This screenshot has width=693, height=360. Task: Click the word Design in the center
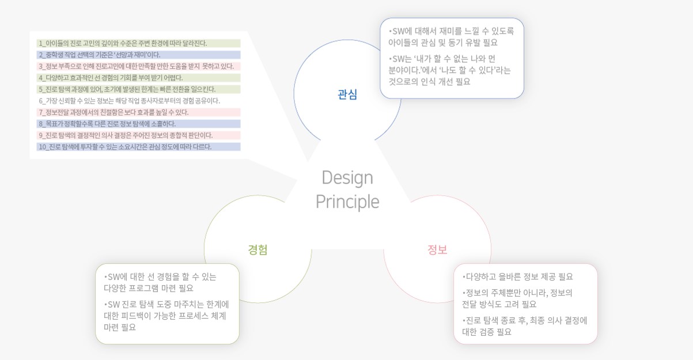[x=347, y=178]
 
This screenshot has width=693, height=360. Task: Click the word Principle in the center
[x=347, y=202]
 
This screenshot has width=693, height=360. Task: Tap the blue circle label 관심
[x=347, y=94]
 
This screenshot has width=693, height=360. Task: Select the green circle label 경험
[x=257, y=249]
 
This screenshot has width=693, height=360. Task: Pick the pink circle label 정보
[x=437, y=249]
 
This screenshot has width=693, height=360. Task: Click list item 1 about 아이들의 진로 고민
[x=123, y=43]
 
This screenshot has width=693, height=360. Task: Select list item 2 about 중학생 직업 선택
[x=99, y=55]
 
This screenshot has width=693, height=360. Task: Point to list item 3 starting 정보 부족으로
[x=136, y=66]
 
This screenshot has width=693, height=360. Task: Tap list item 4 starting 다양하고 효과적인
[x=111, y=78]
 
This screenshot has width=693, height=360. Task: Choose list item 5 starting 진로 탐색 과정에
[x=127, y=89]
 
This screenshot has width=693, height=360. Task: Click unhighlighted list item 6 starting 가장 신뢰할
[x=129, y=101]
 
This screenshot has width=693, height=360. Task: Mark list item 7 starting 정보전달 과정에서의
[x=113, y=112]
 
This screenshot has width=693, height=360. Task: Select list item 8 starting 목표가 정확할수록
[x=107, y=124]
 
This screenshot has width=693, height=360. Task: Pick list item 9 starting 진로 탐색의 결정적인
[x=126, y=135]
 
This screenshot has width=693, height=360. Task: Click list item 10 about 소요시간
[x=125, y=147]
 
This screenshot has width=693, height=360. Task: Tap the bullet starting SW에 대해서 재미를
[x=451, y=37]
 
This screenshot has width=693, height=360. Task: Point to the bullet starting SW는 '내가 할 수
[x=449, y=70]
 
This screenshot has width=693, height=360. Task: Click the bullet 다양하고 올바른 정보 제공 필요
[x=517, y=276]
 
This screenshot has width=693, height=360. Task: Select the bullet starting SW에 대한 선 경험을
[x=160, y=282]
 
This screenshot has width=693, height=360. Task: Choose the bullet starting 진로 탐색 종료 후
[x=525, y=326]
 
